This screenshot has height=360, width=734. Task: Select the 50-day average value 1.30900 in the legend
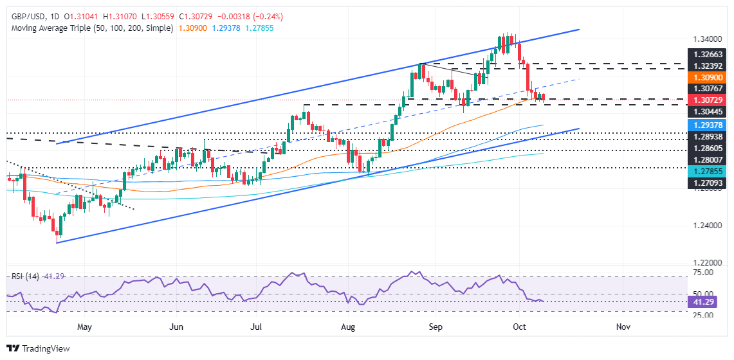coord(189,29)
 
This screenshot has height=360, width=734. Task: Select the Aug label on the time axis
coord(348,327)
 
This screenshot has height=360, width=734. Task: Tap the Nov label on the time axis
coord(622,327)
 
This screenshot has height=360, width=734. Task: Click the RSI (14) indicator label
coord(25,276)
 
